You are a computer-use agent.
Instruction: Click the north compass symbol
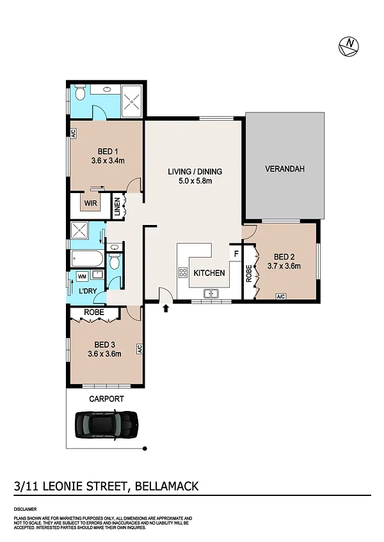tap(348, 46)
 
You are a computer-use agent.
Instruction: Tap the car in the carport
tap(107, 425)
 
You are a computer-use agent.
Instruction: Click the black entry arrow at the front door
tap(166, 308)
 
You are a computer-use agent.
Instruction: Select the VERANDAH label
tap(285, 169)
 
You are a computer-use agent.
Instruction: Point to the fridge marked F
tap(236, 254)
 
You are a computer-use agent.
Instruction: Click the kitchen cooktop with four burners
tap(183, 272)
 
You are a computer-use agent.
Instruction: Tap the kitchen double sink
tap(211, 293)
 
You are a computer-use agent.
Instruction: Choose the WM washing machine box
tap(82, 277)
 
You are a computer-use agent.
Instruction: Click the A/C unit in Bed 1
tap(74, 134)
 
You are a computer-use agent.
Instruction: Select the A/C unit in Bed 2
tap(281, 296)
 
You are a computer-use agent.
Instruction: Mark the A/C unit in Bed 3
tap(140, 349)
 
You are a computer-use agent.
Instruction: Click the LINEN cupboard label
tap(117, 206)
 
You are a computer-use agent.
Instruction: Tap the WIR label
tap(91, 203)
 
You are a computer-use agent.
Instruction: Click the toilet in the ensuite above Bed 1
tap(80, 93)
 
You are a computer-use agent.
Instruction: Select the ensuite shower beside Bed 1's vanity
tap(132, 101)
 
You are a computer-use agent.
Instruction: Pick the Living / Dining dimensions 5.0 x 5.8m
tap(195, 180)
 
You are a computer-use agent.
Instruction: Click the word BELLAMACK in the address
tap(166, 486)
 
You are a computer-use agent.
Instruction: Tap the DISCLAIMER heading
tap(25, 509)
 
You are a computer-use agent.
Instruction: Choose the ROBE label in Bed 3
tap(94, 312)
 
